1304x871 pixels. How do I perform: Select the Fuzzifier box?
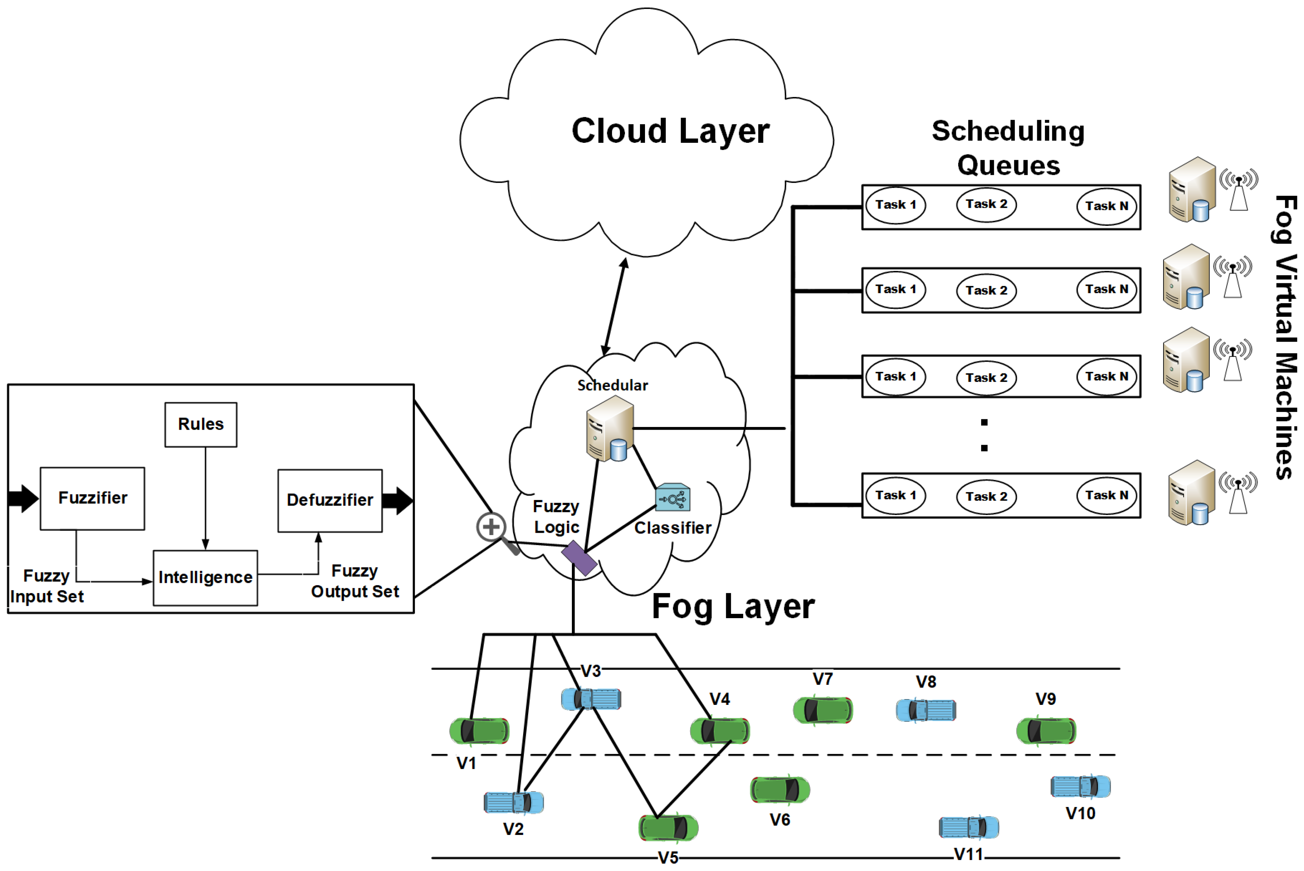point(92,499)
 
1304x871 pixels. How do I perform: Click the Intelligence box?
point(205,578)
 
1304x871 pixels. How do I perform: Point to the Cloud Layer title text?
point(670,132)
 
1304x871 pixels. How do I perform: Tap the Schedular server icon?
point(610,428)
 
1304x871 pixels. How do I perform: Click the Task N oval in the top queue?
point(1106,206)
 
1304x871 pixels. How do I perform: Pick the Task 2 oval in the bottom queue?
point(986,497)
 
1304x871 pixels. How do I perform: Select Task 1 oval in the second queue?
point(895,290)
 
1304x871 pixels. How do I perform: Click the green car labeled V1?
point(479,731)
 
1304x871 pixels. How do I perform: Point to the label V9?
point(1046,699)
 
